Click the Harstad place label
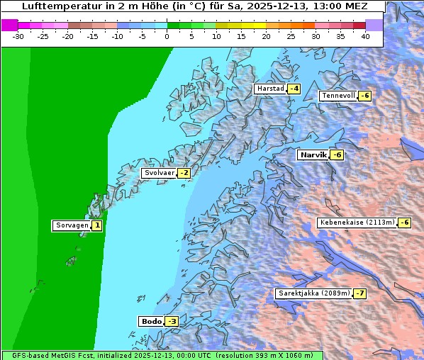(x=269, y=89)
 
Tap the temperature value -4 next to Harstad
(x=294, y=89)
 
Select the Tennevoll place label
(x=337, y=96)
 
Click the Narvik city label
(x=312, y=155)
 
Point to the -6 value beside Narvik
(x=337, y=155)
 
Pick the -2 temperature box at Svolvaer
(x=184, y=173)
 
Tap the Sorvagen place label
(x=72, y=226)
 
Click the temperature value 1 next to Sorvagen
(x=96, y=226)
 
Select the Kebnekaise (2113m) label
(x=357, y=223)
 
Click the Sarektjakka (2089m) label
(x=313, y=293)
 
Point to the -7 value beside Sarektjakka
(x=359, y=293)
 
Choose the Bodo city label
(x=151, y=322)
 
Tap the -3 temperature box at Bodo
(x=172, y=322)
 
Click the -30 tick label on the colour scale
(x=18, y=36)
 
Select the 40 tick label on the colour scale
(x=365, y=36)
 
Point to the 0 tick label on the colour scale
(x=167, y=36)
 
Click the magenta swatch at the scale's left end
(x=9, y=25)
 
